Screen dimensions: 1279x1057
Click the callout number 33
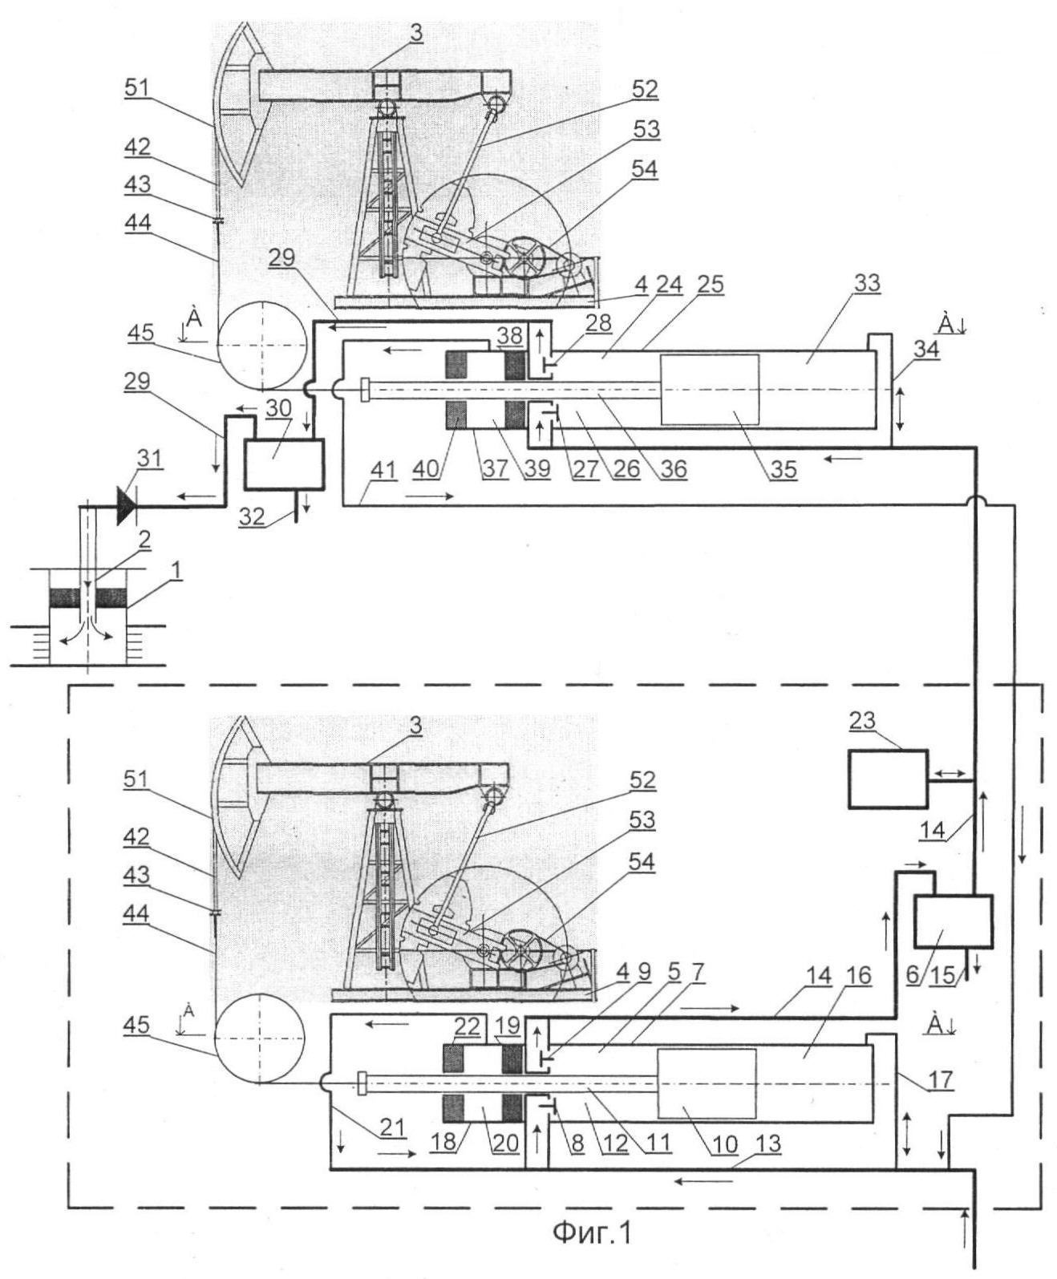coord(867,284)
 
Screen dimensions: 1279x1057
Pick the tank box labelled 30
coord(283,463)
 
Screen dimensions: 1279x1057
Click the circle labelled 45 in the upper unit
coord(262,345)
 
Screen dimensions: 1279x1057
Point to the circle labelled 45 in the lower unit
coord(259,1039)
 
